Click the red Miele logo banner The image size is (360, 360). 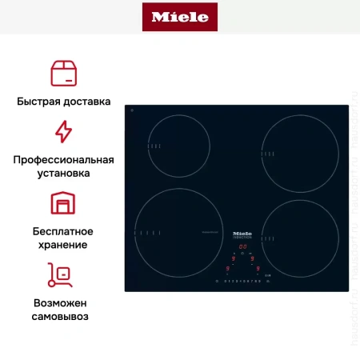tap(179, 17)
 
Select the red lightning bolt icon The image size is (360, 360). tap(63, 131)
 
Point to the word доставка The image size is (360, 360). tap(86, 102)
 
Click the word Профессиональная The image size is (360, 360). tap(63, 159)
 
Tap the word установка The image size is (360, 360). tap(63, 172)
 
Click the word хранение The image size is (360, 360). tap(63, 244)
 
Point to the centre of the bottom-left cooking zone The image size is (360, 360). tap(178, 232)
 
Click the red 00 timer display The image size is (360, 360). tap(242, 246)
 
